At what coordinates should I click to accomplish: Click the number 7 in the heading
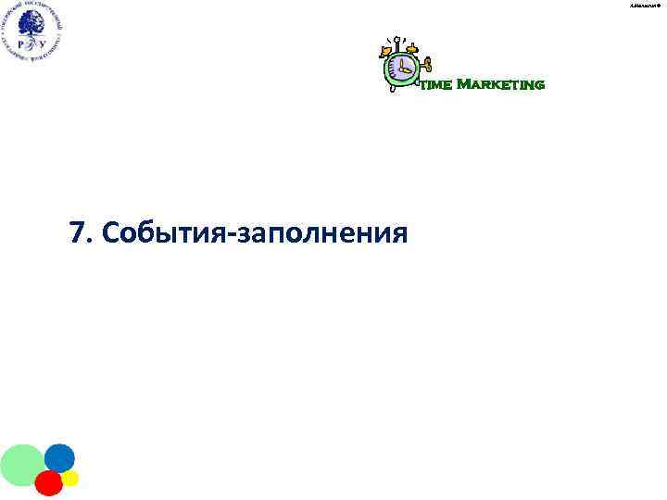coord(76,231)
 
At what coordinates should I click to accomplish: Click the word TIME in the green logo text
coord(435,85)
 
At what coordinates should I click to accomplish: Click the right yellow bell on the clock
coord(412,46)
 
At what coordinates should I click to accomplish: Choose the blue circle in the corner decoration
coord(59,457)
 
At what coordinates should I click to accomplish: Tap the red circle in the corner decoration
coord(49,482)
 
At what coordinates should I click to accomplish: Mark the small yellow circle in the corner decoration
coord(70,478)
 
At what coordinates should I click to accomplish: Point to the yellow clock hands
coord(405,68)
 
